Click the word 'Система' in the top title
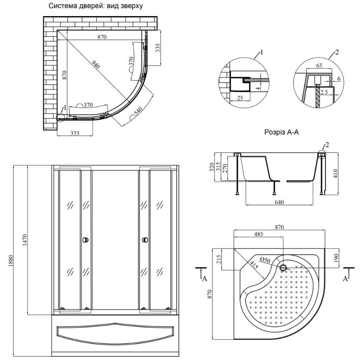coord(62,6)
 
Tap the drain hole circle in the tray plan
coord(283,267)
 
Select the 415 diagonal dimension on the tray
coord(254,266)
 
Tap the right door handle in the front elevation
coord(145,240)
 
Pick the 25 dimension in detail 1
coord(240,97)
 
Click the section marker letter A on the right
coord(345,278)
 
